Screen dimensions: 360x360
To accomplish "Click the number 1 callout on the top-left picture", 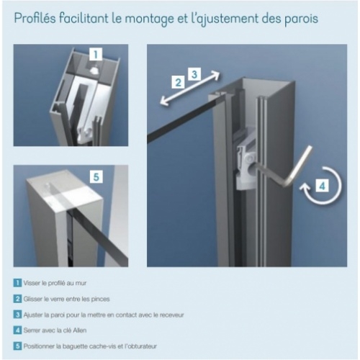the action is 96,54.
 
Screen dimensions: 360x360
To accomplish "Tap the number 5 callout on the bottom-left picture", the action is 96,177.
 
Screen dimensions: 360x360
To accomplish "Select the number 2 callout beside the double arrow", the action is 178,82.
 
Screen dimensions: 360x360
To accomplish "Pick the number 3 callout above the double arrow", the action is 194,74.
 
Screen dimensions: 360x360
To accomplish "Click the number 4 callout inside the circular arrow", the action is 323,186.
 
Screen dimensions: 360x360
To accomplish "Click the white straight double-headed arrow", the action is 190,88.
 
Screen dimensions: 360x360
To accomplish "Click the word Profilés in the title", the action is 35,19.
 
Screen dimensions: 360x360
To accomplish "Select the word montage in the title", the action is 149,19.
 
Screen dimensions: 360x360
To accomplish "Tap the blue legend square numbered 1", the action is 17,283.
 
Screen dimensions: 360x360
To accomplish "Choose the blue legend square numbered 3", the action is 17,315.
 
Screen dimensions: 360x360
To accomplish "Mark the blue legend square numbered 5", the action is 17,346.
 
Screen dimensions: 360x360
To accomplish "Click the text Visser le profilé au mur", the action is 55,283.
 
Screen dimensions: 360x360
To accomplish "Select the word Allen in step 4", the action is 79,330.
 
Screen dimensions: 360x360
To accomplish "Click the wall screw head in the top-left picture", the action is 94,70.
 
